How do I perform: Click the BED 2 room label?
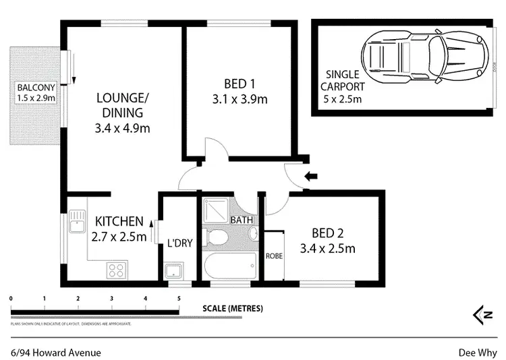click(333, 241)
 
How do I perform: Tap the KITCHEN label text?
click(119, 228)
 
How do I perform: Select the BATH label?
click(241, 220)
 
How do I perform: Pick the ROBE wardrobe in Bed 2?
click(274, 256)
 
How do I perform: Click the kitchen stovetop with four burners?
click(116, 270)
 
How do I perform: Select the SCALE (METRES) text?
click(233, 309)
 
